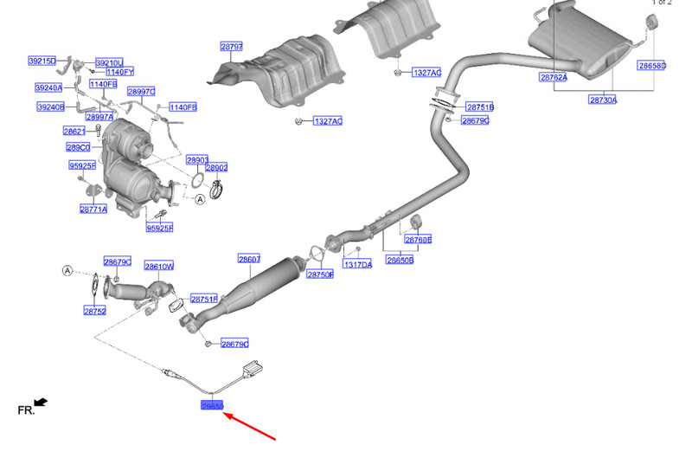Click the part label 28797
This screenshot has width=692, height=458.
click(231, 47)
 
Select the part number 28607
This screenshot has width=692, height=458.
click(249, 259)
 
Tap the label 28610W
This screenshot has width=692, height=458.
click(159, 267)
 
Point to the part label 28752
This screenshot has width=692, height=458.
click(94, 310)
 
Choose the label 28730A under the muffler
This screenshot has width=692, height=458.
click(603, 100)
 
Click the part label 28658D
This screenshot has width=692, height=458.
click(652, 66)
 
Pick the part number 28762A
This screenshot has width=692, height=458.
click(553, 78)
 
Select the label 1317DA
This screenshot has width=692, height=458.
click(357, 264)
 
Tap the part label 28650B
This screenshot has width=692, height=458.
click(400, 260)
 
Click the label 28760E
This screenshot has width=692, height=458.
click(418, 239)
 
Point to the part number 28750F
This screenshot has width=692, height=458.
click(320, 274)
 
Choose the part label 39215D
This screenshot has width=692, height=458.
click(42, 61)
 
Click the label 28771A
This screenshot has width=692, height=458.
click(93, 209)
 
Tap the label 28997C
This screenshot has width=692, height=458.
click(141, 91)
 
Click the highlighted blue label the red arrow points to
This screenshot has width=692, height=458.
click(212, 405)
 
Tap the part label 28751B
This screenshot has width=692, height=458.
click(479, 107)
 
